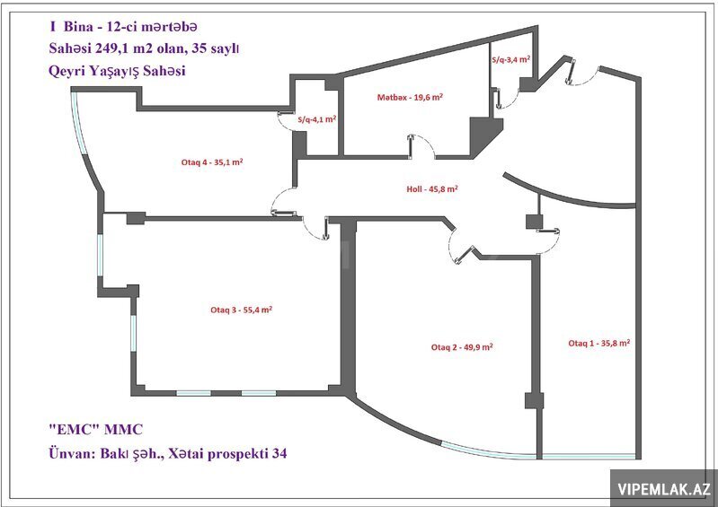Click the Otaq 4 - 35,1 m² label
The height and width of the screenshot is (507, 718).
(212, 162)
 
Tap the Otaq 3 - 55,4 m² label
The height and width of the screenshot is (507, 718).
(242, 310)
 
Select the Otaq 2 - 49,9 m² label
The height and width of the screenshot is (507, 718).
(462, 347)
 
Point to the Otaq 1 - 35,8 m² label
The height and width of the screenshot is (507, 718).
(599, 343)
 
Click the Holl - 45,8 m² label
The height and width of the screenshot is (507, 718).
(432, 188)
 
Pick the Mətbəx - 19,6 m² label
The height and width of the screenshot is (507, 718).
(410, 97)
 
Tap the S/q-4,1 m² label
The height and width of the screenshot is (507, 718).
(317, 119)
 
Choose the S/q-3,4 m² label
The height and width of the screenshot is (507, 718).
(511, 59)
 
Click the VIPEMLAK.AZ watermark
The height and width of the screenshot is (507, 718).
(664, 489)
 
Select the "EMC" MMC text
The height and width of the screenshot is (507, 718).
(95, 429)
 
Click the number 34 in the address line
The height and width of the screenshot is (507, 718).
(279, 453)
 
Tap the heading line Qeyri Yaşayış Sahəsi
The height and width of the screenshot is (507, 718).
(117, 71)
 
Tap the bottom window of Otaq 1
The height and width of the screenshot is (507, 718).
(589, 456)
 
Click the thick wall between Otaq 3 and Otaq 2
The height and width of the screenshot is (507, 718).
(348, 305)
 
